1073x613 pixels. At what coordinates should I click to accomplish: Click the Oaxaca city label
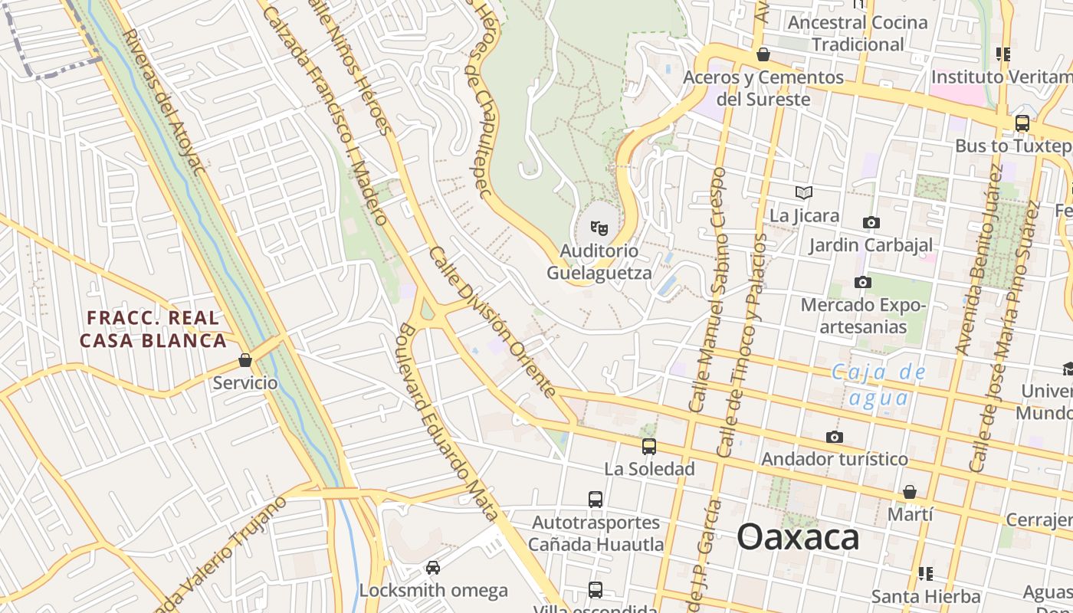tap(798, 537)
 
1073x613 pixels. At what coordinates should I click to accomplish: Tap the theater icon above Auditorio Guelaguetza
tap(599, 228)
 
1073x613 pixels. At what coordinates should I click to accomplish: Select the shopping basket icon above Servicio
tap(245, 359)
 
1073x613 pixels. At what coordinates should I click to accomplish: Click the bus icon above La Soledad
tap(649, 446)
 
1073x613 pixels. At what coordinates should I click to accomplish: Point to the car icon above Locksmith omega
tap(433, 568)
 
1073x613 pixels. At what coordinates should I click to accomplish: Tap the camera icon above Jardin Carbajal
tap(871, 222)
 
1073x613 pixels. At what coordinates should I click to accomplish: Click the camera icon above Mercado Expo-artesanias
tap(863, 282)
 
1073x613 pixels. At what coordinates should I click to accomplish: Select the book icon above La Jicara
tap(803, 192)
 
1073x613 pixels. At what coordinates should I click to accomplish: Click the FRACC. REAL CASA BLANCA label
tap(153, 329)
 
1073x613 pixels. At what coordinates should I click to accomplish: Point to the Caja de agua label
tap(878, 385)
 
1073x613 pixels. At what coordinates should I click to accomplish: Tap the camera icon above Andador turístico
tap(835, 437)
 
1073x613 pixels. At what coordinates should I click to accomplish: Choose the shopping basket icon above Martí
tap(910, 491)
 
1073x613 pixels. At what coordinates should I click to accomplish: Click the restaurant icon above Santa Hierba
tap(926, 573)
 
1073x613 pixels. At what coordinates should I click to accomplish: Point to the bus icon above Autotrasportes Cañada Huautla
tap(596, 500)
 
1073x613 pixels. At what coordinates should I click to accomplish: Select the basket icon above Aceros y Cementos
tap(763, 54)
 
